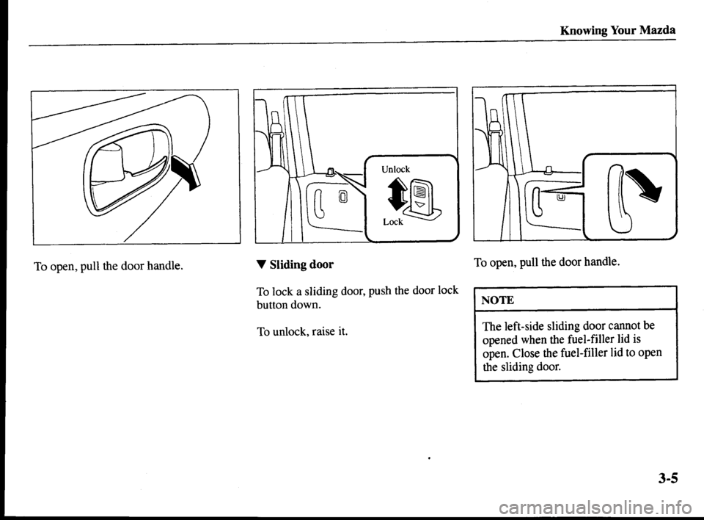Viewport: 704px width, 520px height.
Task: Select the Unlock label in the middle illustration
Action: pyautogui.click(x=395, y=169)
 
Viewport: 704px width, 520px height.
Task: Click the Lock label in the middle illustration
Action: pyautogui.click(x=393, y=222)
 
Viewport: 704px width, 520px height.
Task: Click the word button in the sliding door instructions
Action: pyautogui.click(x=272, y=304)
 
